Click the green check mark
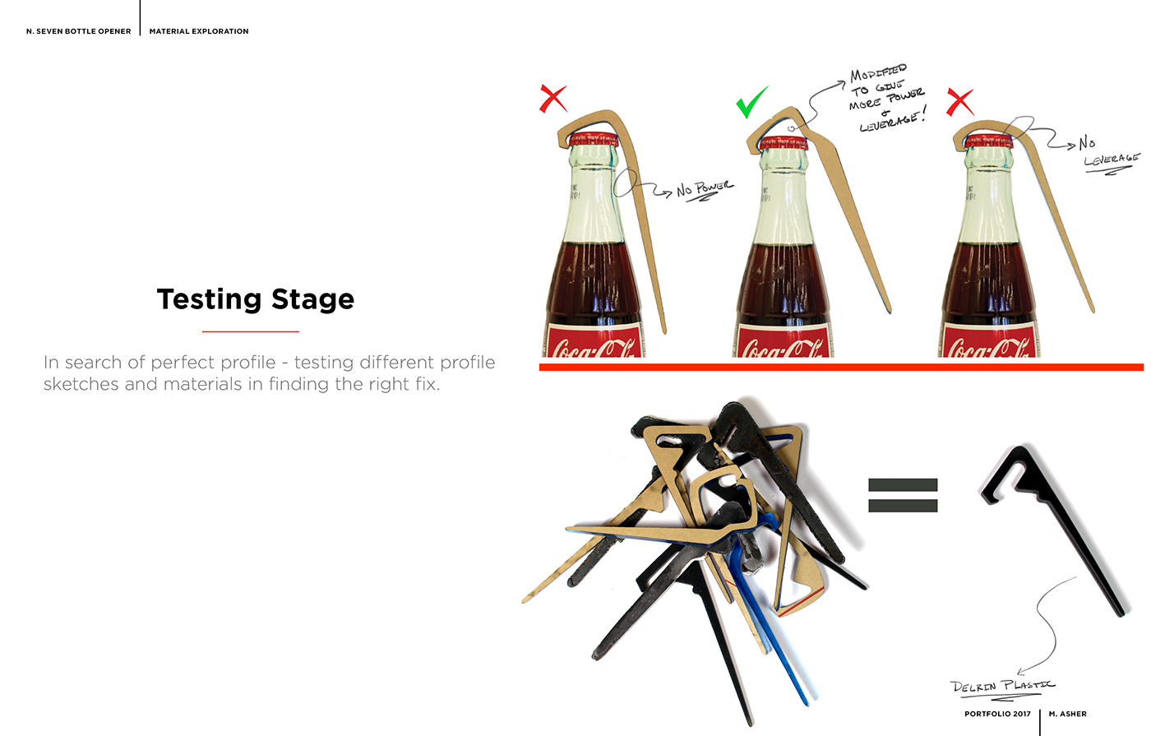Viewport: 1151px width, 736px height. click(751, 102)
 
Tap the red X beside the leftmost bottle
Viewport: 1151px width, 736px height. click(553, 99)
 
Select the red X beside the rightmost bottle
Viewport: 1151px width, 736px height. click(959, 102)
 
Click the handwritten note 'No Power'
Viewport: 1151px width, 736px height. click(705, 190)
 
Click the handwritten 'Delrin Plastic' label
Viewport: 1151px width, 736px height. click(1002, 687)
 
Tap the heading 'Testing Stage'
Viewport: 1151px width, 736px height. click(255, 299)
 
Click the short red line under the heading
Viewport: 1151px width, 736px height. click(250, 331)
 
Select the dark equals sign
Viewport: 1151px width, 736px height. click(903, 496)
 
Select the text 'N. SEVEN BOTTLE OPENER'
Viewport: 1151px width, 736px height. click(79, 31)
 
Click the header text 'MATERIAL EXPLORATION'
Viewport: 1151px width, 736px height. click(199, 31)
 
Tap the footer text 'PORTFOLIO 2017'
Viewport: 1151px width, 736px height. click(997, 714)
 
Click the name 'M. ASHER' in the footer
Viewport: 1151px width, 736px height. click(1067, 714)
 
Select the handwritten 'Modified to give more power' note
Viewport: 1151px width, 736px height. click(886, 97)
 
